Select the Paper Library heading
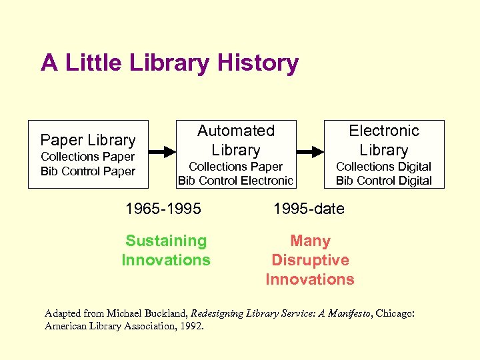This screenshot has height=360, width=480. (88, 140)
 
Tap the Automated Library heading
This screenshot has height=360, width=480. (236, 140)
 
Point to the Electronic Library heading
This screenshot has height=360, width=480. (384, 140)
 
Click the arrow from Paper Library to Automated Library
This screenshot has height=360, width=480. (160, 152)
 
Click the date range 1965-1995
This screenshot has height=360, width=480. (163, 209)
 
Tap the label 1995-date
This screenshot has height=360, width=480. (309, 209)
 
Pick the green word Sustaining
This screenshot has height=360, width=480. (166, 241)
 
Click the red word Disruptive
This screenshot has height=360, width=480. (310, 260)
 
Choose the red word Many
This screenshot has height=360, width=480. (310, 241)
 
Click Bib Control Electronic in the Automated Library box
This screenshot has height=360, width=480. (235, 181)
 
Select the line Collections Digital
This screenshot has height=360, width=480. (383, 167)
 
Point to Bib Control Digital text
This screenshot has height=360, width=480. (383, 181)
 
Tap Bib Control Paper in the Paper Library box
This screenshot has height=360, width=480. (88, 171)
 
